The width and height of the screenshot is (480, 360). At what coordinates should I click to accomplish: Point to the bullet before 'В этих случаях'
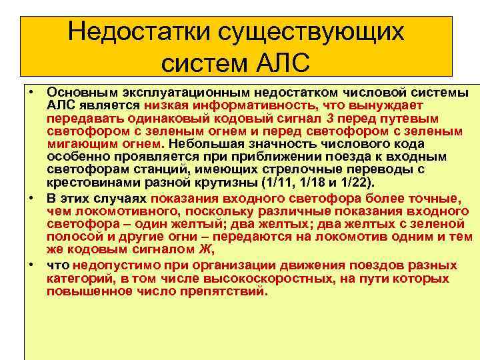click(31, 198)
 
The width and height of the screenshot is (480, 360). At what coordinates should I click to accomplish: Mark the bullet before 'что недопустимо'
click(31, 264)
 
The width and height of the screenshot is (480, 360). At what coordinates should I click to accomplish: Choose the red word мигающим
click(80, 144)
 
